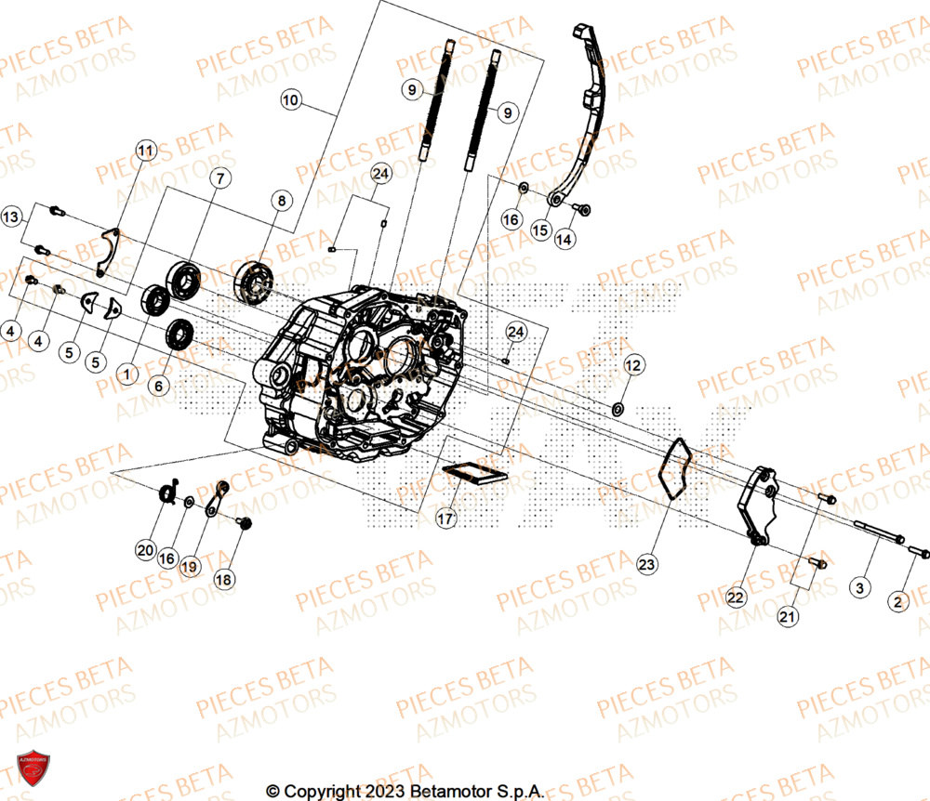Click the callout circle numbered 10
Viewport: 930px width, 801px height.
pos(291,99)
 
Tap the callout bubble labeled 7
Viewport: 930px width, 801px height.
pos(219,179)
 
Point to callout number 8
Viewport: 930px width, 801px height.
pos(282,200)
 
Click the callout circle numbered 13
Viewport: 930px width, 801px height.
pos(11,217)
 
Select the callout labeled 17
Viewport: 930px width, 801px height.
pos(445,519)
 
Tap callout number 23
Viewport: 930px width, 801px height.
pos(646,563)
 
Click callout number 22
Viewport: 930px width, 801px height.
pos(736,599)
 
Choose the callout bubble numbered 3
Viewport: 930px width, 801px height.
pos(859,588)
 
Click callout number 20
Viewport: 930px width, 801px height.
pos(145,551)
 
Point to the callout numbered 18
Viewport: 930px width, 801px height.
pos(223,579)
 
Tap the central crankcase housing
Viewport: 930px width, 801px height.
pos(363,372)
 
